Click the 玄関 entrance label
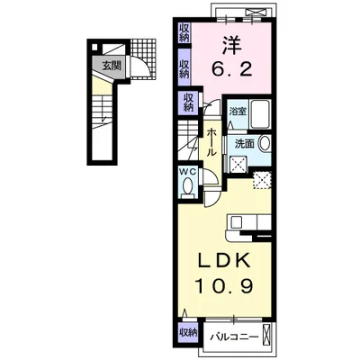pos(112,66)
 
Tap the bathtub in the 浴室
pos(261,114)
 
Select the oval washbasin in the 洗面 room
pos(265,144)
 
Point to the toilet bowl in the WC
pos(188,186)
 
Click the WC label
pos(188,172)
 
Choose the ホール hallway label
pos(211,142)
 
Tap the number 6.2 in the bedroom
pos(231,69)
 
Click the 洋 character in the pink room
pos(231,45)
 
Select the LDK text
pos(223,262)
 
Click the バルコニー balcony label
pos(234,337)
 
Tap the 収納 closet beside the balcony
pos(188,332)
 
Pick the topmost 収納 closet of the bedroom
pos(184,33)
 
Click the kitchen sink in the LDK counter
pos(237,222)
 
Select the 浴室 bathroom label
pos(238,112)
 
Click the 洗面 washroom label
pos(244,144)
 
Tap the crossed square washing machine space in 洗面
pos(238,165)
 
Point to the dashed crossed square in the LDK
pos(263,180)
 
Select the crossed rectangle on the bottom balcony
pos(266,335)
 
